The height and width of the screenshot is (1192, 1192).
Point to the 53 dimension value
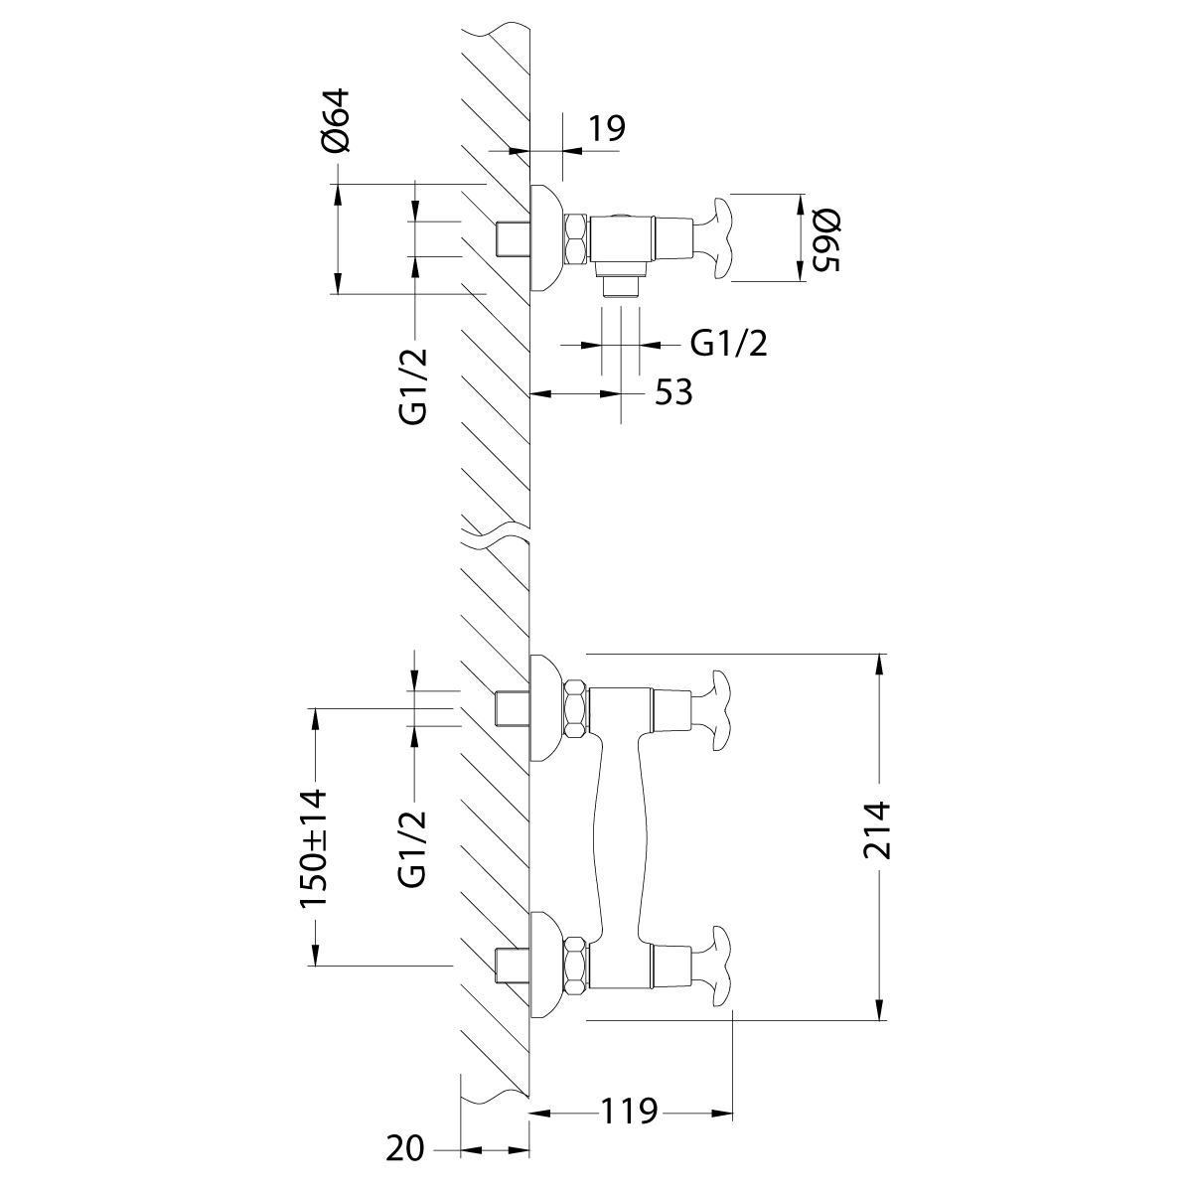pyautogui.click(x=672, y=393)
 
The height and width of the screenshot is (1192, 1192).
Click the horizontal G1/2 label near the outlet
pyautogui.click(x=729, y=344)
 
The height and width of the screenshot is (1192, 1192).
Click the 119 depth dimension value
pyautogui.click(x=628, y=1111)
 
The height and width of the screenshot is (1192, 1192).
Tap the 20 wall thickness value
pyautogui.click(x=405, y=1149)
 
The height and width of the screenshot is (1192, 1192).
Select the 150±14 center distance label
pyautogui.click(x=314, y=848)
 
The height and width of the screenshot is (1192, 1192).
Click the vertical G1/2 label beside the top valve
pyautogui.click(x=414, y=386)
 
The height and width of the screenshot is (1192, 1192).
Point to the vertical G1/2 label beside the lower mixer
pyautogui.click(x=414, y=847)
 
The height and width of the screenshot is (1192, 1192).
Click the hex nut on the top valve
pyautogui.click(x=575, y=238)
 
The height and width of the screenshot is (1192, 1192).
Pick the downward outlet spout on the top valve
pyautogui.click(x=621, y=283)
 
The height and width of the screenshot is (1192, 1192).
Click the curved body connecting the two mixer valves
pyautogui.click(x=620, y=834)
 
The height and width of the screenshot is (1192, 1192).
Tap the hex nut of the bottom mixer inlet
pyautogui.click(x=575, y=964)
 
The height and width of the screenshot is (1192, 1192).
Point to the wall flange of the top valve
pyautogui.click(x=545, y=238)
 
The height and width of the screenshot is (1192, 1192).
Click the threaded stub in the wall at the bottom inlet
pyautogui.click(x=511, y=964)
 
